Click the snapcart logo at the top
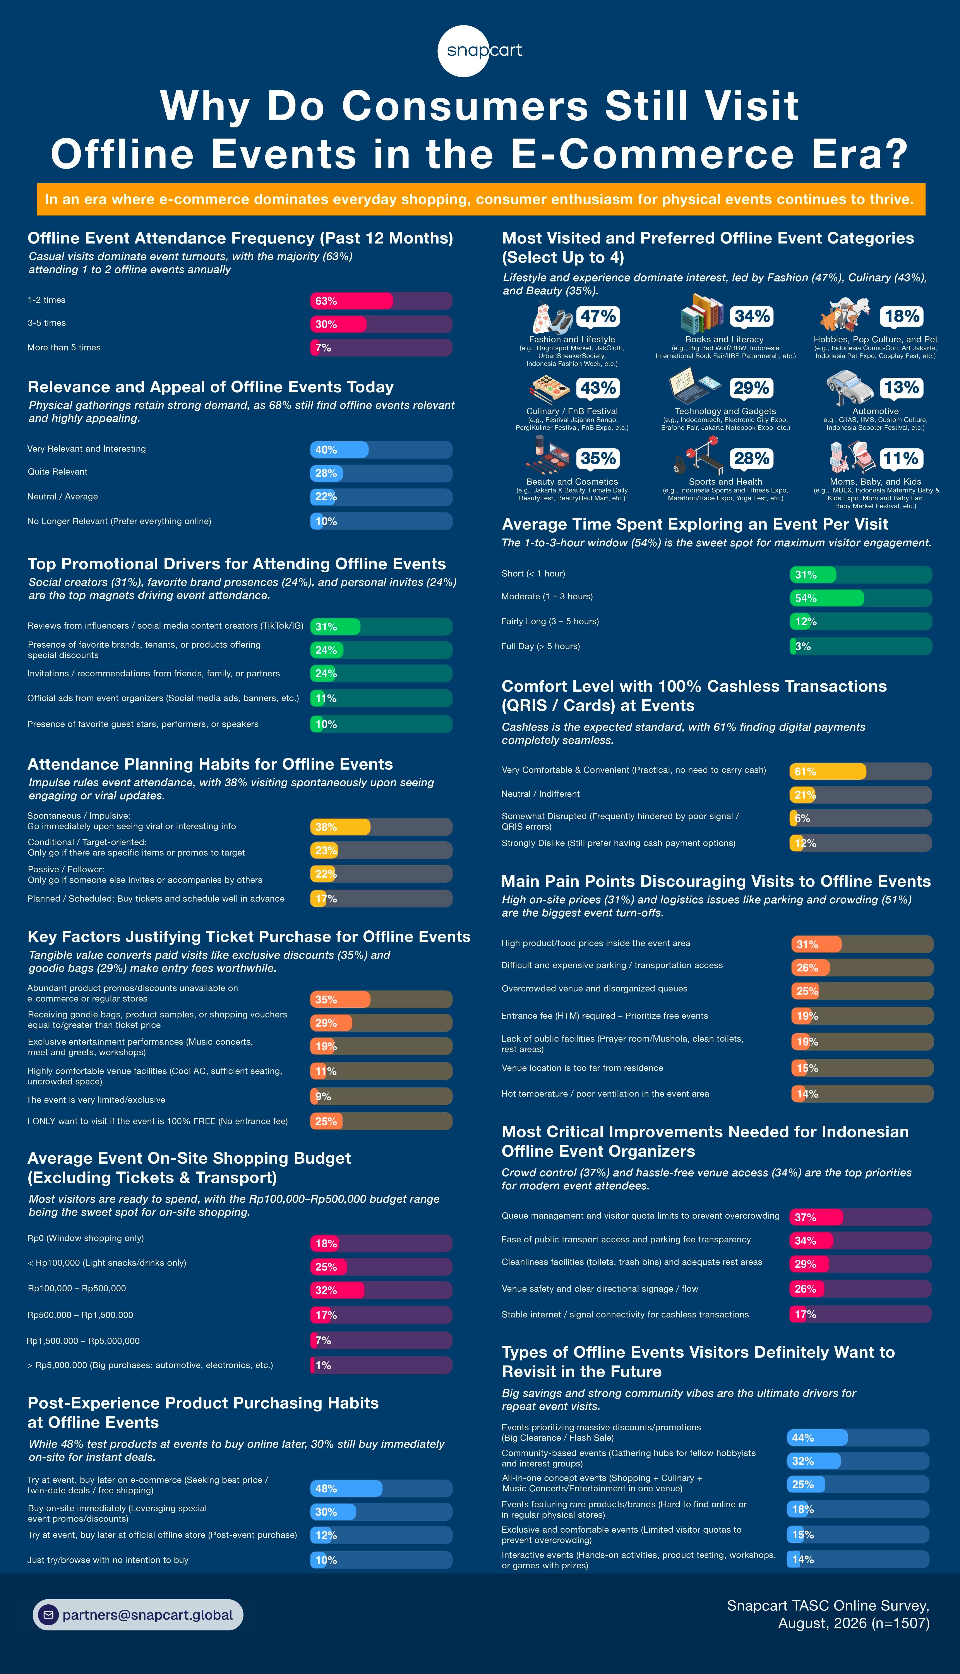point(480,51)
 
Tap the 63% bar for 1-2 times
point(351,301)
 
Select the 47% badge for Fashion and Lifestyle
point(598,316)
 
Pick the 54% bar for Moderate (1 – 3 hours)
point(827,598)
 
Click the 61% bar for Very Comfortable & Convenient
point(828,771)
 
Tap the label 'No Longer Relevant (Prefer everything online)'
point(119,521)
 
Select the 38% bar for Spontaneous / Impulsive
point(340,827)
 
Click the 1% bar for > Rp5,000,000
point(312,1365)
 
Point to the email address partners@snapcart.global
point(148,1615)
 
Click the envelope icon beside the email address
point(48,1615)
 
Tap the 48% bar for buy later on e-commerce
point(346,1488)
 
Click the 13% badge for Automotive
point(901,388)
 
